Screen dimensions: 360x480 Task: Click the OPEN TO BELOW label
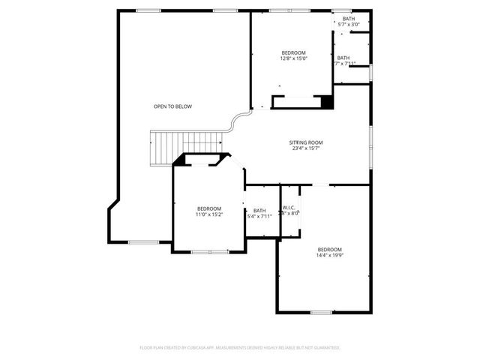pyautogui.click(x=172, y=106)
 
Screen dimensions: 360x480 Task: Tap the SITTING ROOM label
pyautogui.click(x=306, y=142)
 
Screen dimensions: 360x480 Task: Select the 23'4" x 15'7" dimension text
pyautogui.click(x=306, y=148)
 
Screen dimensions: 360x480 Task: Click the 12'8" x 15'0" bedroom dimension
pyautogui.click(x=294, y=58)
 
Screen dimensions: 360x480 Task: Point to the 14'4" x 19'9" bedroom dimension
pyautogui.click(x=329, y=256)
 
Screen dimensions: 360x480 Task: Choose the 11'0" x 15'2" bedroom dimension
pyautogui.click(x=209, y=214)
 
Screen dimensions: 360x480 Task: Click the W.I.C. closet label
pyautogui.click(x=290, y=208)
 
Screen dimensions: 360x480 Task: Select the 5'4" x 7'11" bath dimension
pyautogui.click(x=259, y=217)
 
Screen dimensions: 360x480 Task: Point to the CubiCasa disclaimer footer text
pyautogui.click(x=240, y=347)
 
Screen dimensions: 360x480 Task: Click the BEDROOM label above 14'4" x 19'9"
pyautogui.click(x=329, y=249)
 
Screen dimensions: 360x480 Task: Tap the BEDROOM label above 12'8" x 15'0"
pyautogui.click(x=294, y=52)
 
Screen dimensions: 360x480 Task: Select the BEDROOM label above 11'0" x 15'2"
pyautogui.click(x=209, y=208)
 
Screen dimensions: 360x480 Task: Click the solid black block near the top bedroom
pyautogui.click(x=327, y=102)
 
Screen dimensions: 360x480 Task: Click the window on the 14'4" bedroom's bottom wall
pyautogui.click(x=322, y=312)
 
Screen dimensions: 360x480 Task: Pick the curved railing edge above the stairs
pyautogui.click(x=239, y=120)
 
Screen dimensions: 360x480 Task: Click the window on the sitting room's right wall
pyautogui.click(x=370, y=142)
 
